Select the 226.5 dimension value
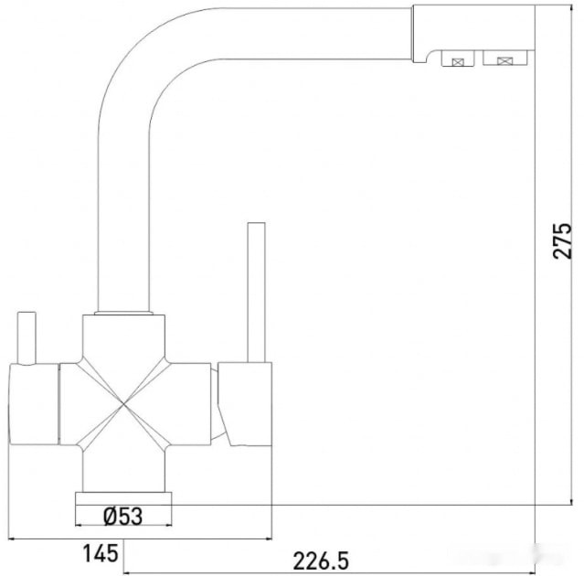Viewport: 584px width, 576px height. point(318,557)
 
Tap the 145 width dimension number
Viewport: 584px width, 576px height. point(100,552)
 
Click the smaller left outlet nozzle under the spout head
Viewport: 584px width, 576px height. point(456,60)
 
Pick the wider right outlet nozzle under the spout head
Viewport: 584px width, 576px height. point(504,60)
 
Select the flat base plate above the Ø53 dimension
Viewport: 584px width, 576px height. point(123,498)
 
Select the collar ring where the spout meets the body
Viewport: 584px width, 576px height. point(123,313)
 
